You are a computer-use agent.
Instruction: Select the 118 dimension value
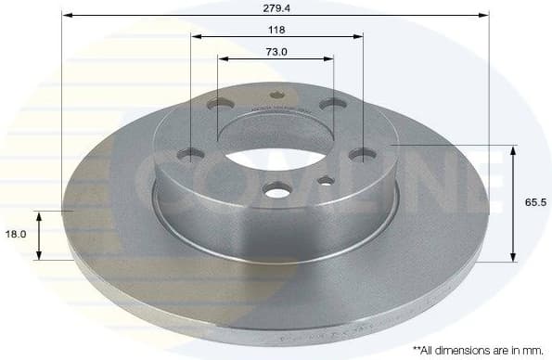276,29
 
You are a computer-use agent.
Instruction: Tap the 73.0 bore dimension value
276,51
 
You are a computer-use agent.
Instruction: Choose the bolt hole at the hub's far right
362,154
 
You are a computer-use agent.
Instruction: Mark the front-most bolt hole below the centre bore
276,189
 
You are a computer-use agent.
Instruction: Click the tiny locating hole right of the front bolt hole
326,180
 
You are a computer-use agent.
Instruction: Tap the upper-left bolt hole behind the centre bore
219,105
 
